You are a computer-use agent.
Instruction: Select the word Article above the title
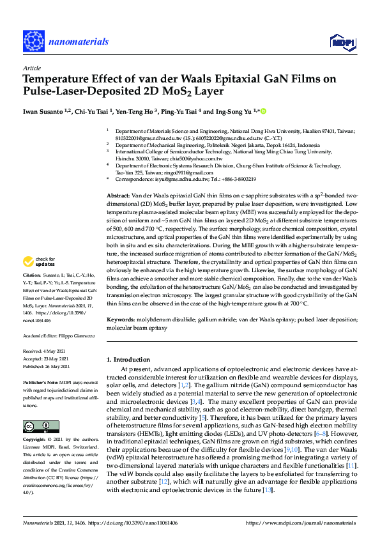[x=31, y=68]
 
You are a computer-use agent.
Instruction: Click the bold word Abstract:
[x=119, y=194]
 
